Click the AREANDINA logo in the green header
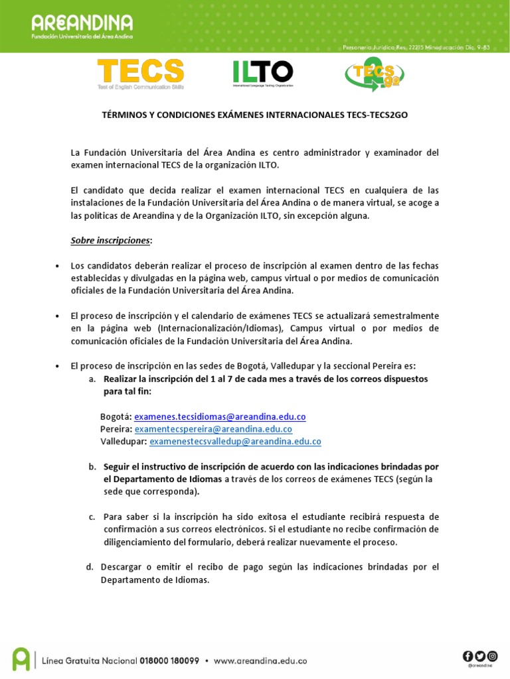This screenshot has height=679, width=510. pyautogui.click(x=82, y=27)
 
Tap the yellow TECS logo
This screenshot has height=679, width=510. pyautogui.click(x=141, y=74)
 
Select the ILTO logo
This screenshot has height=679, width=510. pyautogui.click(x=262, y=74)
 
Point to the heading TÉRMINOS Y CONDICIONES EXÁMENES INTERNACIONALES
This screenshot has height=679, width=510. pyautogui.click(x=254, y=115)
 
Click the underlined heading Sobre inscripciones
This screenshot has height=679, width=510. pyautogui.click(x=111, y=241)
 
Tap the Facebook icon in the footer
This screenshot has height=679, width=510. pyautogui.click(x=468, y=656)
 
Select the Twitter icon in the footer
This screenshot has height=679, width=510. pyautogui.click(x=479, y=656)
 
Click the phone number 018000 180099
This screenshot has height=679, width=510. pyautogui.click(x=169, y=660)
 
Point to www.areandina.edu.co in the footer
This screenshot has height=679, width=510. pyautogui.click(x=260, y=660)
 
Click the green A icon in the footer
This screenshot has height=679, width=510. pyautogui.click(x=21, y=658)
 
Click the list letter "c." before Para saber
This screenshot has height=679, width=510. pyautogui.click(x=92, y=517)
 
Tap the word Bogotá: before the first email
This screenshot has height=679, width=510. pyautogui.click(x=116, y=416)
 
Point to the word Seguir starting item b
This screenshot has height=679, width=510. pyautogui.click(x=117, y=467)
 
